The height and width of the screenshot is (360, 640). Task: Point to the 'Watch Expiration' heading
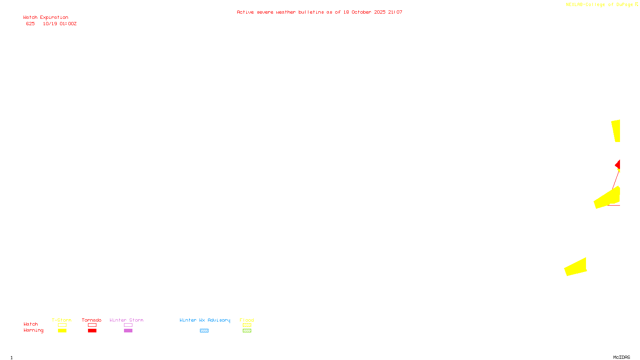pos(46,18)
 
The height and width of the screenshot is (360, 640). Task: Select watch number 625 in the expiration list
pos(30,24)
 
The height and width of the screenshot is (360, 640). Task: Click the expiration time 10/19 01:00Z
pos(60,24)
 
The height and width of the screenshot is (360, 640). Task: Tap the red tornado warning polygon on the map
pos(618,165)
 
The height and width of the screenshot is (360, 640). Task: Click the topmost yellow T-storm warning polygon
pos(616,130)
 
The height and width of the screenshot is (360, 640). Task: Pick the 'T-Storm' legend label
pos(62,320)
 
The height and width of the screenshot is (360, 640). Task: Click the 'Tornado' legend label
pos(92,320)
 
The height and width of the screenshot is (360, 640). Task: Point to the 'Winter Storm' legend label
pos(126,320)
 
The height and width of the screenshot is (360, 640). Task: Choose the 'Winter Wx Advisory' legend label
pos(205,320)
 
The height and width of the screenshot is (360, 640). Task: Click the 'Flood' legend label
pos(247,320)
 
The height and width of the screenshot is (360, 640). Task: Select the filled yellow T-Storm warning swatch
pos(62,331)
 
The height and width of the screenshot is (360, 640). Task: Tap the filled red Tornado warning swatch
pos(92,331)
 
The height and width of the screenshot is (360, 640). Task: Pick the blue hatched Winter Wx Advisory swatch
pos(204,331)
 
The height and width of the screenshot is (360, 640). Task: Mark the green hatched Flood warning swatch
pos(247,331)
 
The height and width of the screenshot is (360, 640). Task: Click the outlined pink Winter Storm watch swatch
pos(128,325)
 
